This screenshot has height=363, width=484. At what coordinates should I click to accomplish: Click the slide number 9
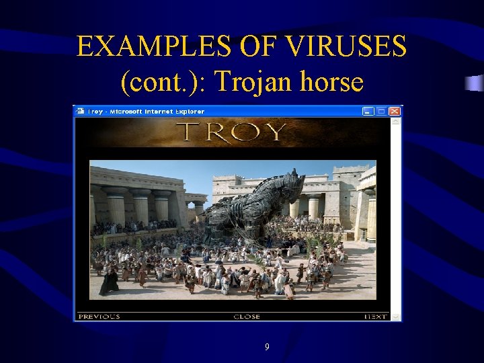click(267, 347)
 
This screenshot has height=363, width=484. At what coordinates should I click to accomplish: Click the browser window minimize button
click(368, 111)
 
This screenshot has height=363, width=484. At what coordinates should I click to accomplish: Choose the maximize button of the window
click(381, 111)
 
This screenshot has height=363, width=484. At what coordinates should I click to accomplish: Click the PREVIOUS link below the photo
click(99, 317)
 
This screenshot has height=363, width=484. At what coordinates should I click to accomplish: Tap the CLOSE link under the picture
click(247, 317)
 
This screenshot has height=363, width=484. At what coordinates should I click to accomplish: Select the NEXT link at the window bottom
click(375, 317)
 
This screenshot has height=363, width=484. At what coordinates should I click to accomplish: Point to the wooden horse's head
click(291, 185)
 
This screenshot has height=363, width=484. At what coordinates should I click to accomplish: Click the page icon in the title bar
click(80, 111)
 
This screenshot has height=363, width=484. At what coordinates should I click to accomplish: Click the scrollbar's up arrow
click(397, 122)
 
